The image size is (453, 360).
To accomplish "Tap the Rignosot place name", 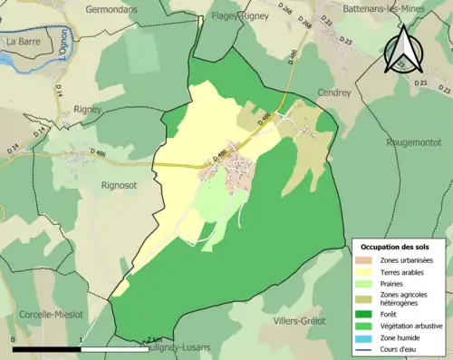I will click(118, 185).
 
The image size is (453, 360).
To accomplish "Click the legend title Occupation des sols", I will click(396, 247).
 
